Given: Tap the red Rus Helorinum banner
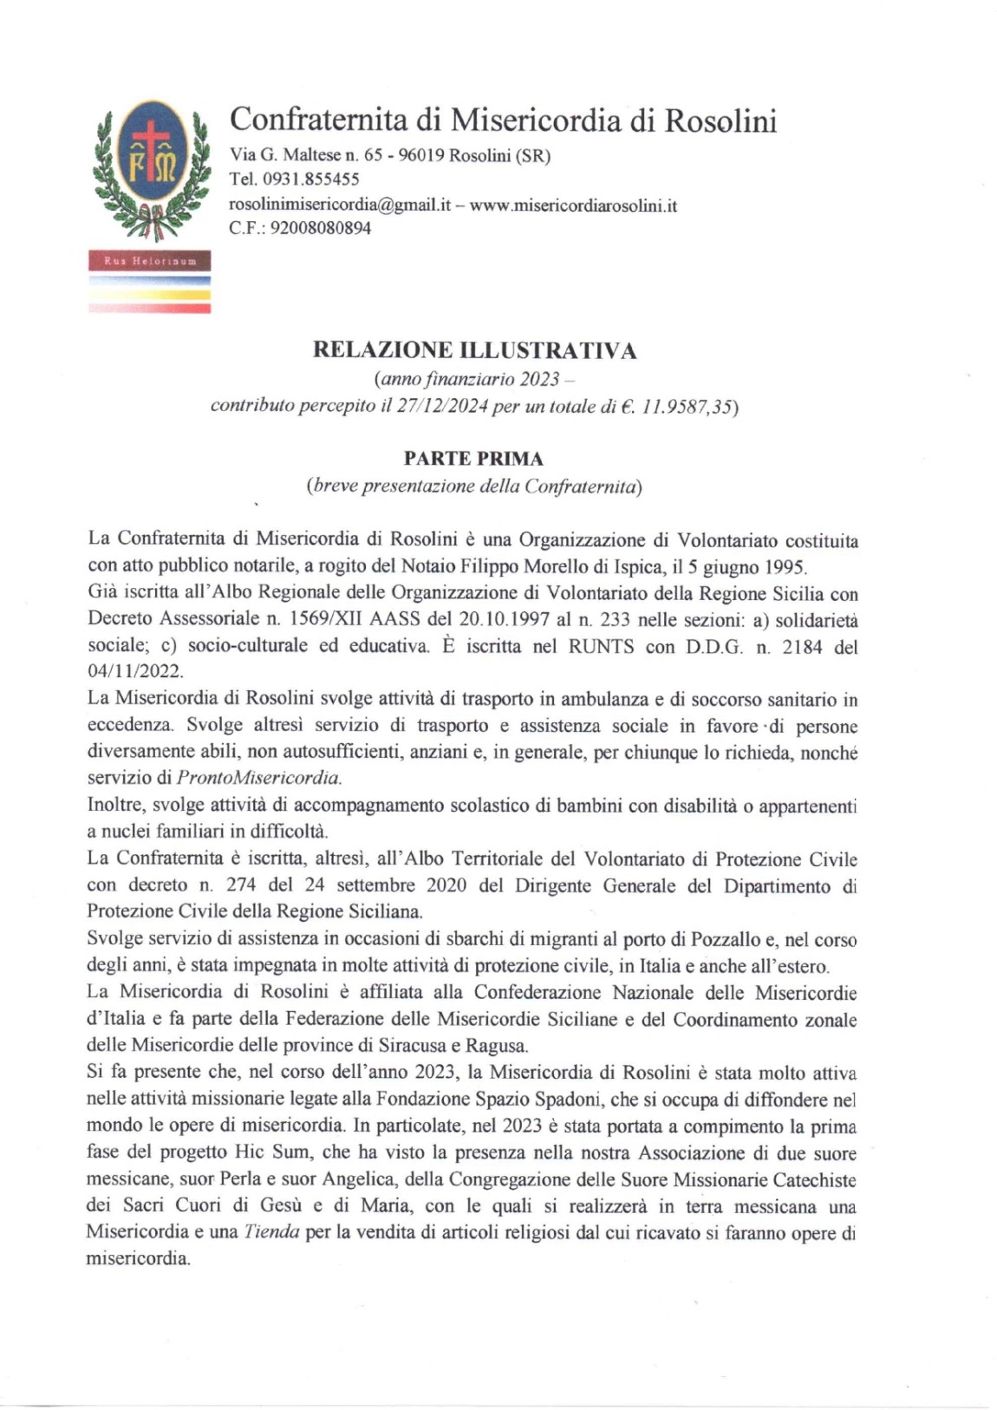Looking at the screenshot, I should [149, 260].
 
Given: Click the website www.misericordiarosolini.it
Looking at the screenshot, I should [573, 206].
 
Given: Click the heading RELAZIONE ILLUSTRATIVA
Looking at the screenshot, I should [474, 350].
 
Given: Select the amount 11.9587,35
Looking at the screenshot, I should [687, 406].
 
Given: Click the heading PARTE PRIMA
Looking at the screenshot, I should [473, 459].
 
